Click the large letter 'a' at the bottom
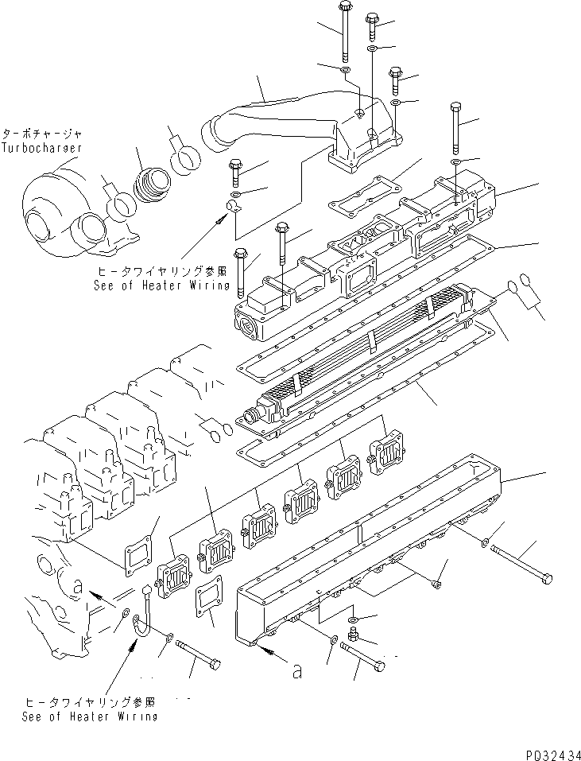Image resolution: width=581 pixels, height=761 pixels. (x=296, y=672)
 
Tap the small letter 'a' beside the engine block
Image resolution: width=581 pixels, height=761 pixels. (x=78, y=588)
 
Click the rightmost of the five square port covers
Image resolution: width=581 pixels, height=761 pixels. (x=387, y=456)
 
